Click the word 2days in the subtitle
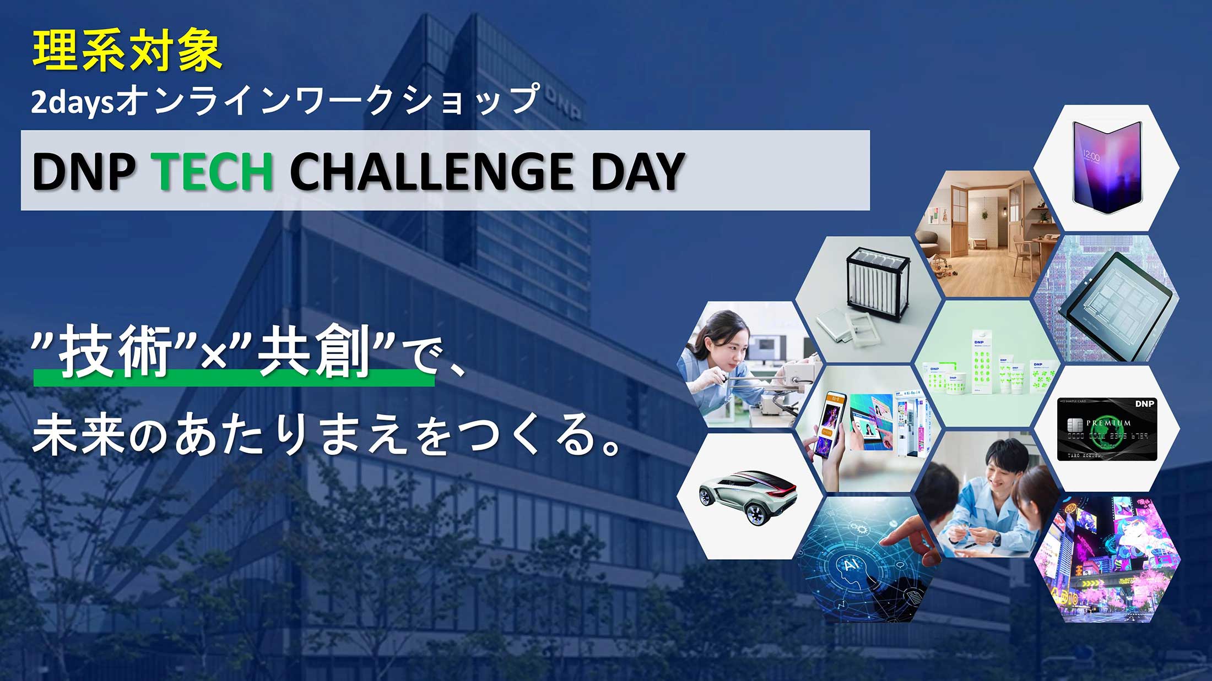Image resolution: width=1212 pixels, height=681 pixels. point(72,102)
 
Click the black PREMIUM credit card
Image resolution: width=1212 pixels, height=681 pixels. point(1107,428)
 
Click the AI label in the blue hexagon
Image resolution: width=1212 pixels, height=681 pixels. point(852,565)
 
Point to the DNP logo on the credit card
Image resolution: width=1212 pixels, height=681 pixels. point(1144,404)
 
